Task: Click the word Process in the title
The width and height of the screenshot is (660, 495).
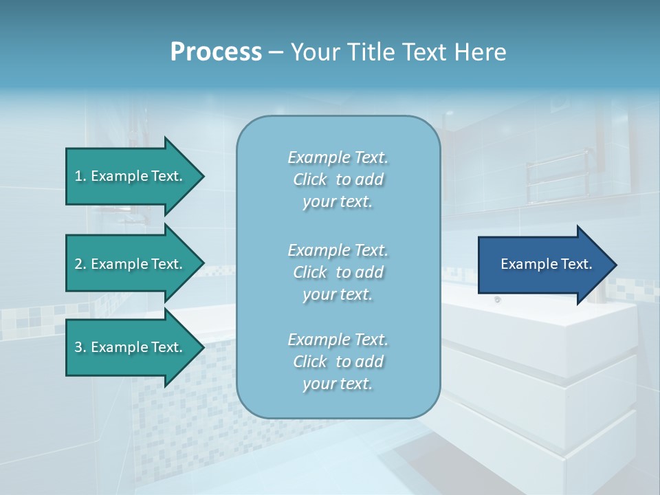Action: (216, 52)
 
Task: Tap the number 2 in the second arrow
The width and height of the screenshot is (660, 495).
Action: (78, 264)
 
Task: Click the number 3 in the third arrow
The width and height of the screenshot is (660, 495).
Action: (78, 347)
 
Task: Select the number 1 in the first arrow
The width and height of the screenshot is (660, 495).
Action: (78, 176)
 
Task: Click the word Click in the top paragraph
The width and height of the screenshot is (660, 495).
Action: (310, 180)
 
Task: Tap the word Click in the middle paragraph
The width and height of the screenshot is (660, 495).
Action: (310, 272)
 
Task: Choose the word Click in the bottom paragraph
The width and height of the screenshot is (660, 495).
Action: (310, 362)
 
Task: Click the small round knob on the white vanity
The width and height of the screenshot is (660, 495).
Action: (497, 300)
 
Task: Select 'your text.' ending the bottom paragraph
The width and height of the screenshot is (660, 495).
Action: (338, 384)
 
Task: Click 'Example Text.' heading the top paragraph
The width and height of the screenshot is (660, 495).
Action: (338, 158)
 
